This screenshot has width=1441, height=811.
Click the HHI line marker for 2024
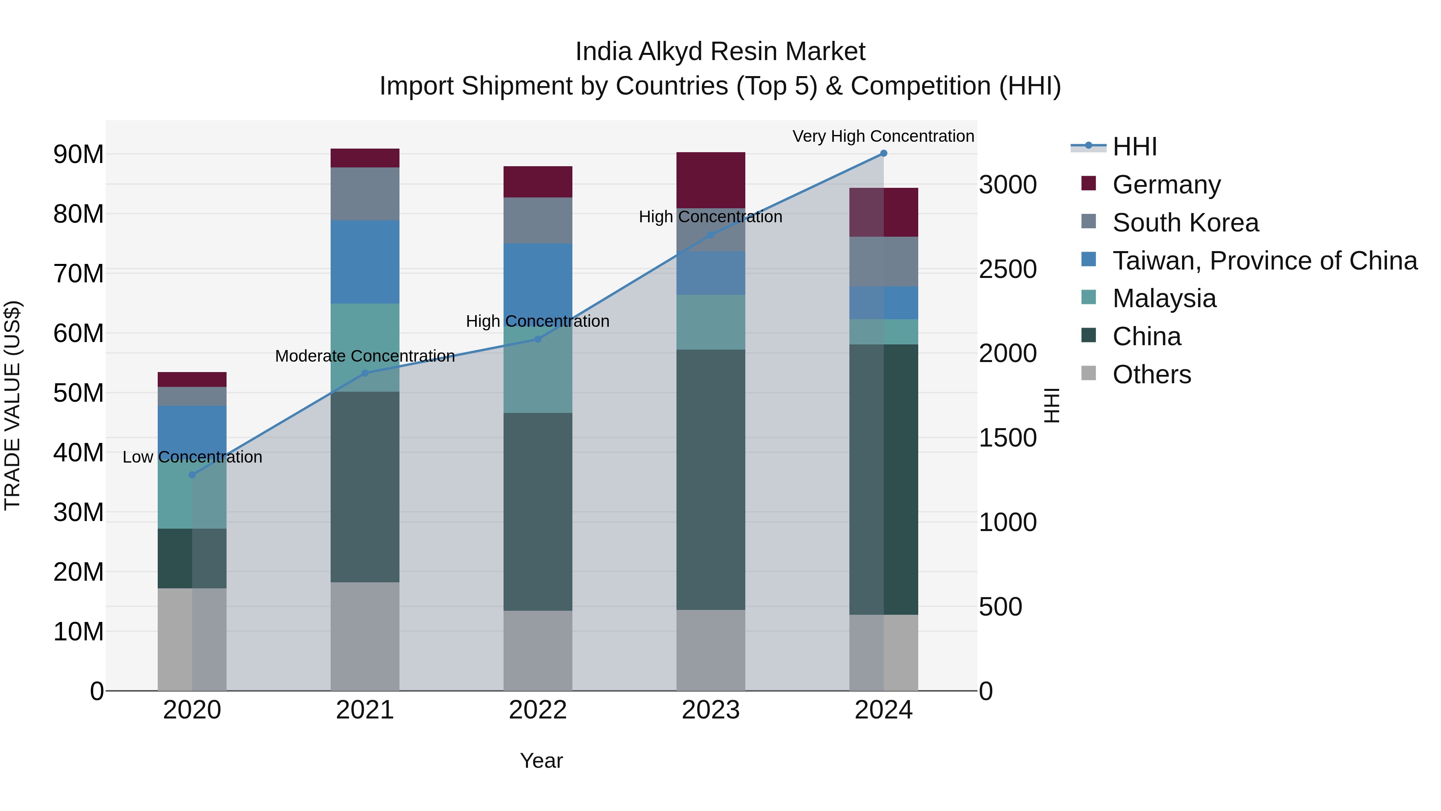tap(883, 153)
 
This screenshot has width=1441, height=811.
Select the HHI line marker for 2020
tap(192, 475)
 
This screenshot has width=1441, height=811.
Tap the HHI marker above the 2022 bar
tap(538, 339)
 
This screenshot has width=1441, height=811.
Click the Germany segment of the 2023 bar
tap(710, 180)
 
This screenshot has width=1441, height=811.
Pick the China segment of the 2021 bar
tap(365, 487)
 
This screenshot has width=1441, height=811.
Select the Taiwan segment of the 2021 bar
tap(365, 262)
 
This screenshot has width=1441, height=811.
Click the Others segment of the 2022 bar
tap(538, 650)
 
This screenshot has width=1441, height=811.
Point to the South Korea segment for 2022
tap(538, 221)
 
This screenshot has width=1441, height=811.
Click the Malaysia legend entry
tap(1164, 298)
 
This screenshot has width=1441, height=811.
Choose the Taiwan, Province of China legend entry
tap(1264, 261)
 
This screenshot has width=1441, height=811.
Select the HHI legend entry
tap(1134, 147)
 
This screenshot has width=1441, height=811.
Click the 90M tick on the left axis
tap(78, 155)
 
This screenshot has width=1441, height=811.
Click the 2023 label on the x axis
tap(710, 710)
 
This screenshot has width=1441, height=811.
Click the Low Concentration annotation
tap(192, 457)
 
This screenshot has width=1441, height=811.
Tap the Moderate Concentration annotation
tap(365, 356)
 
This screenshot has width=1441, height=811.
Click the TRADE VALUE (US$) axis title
tap(12, 405)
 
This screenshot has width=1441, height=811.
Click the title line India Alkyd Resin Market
tap(720, 52)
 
